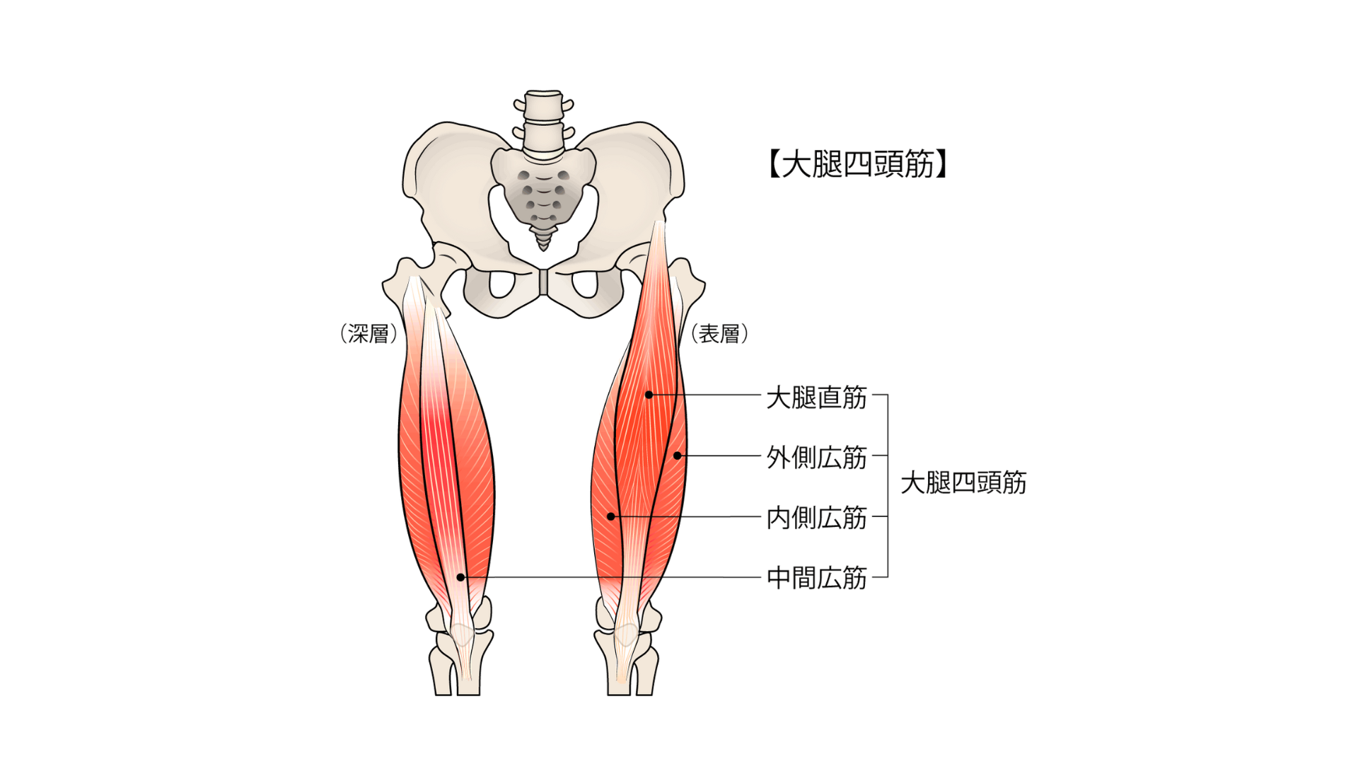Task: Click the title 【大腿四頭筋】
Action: [857, 165]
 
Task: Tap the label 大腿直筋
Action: [817, 398]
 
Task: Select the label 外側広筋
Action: [817, 458]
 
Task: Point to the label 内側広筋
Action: [817, 518]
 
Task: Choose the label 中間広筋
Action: [817, 578]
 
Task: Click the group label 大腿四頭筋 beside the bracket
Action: [963, 482]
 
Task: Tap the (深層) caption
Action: [368, 334]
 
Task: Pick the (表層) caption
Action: [719, 334]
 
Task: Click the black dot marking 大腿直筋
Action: [649, 395]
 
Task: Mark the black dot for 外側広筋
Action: [677, 456]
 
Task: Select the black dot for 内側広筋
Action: [611, 516]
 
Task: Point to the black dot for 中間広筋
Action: [460, 577]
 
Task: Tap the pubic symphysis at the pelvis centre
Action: [543, 282]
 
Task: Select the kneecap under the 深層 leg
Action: [462, 633]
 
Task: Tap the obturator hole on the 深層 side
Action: [501, 284]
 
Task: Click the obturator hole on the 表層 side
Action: [585, 284]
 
